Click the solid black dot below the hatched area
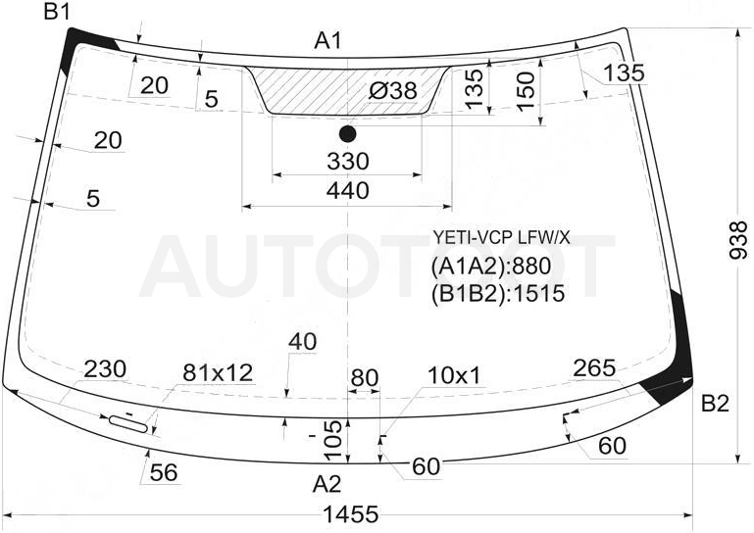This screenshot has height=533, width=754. (347, 134)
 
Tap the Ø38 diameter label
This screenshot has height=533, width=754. (392, 90)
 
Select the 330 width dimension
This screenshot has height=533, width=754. (348, 161)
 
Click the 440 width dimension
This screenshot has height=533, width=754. (348, 191)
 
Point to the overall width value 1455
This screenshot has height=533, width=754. (351, 514)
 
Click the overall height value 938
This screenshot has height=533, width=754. (738, 240)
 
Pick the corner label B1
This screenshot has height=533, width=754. (57, 11)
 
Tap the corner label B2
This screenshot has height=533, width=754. (715, 404)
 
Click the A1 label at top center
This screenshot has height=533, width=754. (327, 40)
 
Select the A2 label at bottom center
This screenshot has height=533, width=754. (327, 484)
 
